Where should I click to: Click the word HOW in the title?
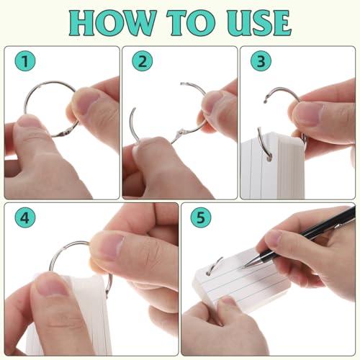tap(112, 23)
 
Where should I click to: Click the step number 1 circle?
tap(25, 61)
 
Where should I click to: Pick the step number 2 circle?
tap(143, 61)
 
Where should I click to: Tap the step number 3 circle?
tap(261, 61)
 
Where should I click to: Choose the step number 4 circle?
tap(25, 217)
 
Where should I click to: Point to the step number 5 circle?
tap(201, 217)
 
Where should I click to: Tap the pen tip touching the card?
tap(245, 266)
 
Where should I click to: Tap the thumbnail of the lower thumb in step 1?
tap(28, 121)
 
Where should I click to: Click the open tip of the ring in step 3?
tap(265, 100)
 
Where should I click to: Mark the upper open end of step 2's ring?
tap(183, 84)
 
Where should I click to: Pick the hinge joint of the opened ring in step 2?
tap(179, 132)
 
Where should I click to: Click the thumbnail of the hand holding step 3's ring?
tap(310, 114)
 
